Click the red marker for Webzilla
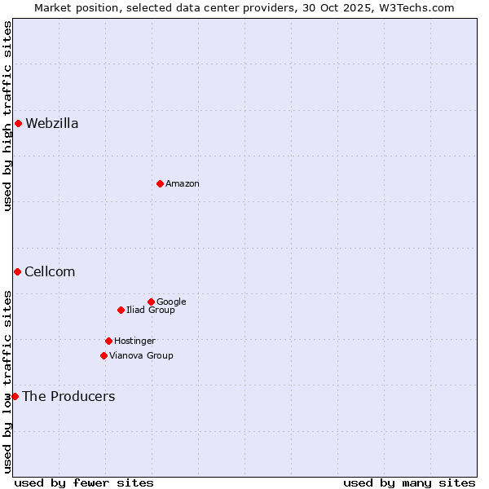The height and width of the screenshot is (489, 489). pos(18,124)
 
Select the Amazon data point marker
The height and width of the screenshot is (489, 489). pos(160,183)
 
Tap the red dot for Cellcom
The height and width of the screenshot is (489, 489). pos(17,271)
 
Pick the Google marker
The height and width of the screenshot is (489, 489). pos(151,302)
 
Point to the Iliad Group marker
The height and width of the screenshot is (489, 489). pos(121,310)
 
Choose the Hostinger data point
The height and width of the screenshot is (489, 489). pos(108,341)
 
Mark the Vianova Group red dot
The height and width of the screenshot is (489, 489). pos(104,355)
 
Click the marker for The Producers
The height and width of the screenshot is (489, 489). pos(15,396)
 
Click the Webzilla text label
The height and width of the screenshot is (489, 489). pos(52,124)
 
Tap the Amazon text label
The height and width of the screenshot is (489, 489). pos(183,184)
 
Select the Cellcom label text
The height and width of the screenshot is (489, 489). pos(50,272)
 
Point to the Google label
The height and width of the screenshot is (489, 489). pos(171,302)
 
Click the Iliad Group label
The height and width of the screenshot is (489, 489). pos(151,311)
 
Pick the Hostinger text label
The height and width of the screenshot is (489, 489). pos(134,341)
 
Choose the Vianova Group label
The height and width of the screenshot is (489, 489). pos(141,356)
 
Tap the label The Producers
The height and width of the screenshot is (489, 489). pos(68,397)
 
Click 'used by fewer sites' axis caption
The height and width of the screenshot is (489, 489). pos(84,482)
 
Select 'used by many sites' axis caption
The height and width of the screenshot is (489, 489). pos(409,482)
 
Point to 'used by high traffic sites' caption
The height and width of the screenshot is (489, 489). pos(8,116)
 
